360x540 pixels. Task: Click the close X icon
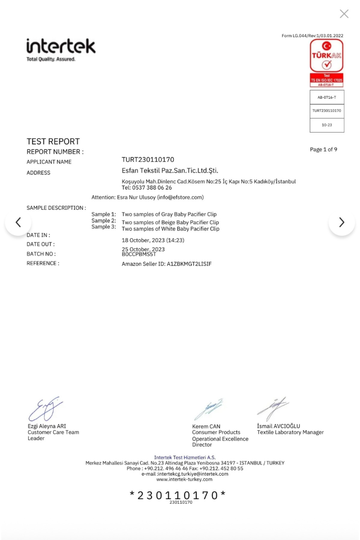pos(344,14)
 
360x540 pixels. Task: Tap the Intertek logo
pos(61,49)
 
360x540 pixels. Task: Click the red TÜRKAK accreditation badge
pos(327,63)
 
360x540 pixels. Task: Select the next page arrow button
pos(342,222)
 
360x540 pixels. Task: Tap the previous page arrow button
pos(18,222)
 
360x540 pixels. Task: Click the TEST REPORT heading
pos(53,141)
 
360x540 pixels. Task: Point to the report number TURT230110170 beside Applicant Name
pos(148,160)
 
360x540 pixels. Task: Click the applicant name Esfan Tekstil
pos(170,171)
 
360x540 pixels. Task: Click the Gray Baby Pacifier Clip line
pos(169,214)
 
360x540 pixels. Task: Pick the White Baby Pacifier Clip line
pos(170,229)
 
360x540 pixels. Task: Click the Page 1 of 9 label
pos(323,149)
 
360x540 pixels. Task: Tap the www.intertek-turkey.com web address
pos(184,479)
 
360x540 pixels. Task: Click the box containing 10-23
pos(327,125)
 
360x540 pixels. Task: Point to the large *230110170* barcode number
pos(178,495)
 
